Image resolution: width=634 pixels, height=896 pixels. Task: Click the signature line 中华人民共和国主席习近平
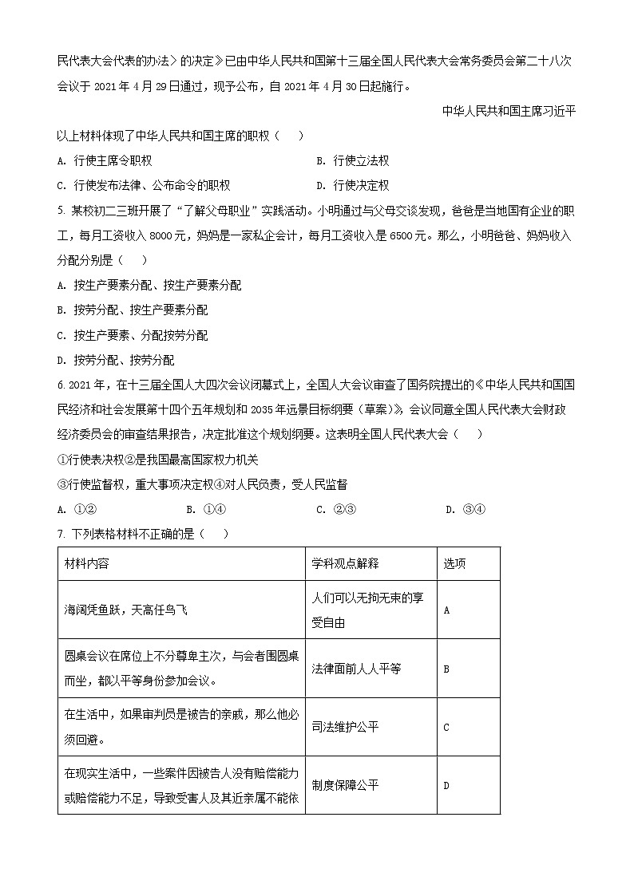[509, 111]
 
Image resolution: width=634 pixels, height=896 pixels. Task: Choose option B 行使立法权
[352, 160]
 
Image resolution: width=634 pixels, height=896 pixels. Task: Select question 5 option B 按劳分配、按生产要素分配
[133, 310]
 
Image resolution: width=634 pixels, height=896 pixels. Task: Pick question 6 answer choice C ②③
[335, 510]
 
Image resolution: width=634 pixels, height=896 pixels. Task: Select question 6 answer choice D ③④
[466, 510]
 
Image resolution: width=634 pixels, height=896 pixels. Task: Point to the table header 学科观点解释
[345, 563]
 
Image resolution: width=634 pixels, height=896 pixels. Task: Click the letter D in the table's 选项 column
[446, 786]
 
